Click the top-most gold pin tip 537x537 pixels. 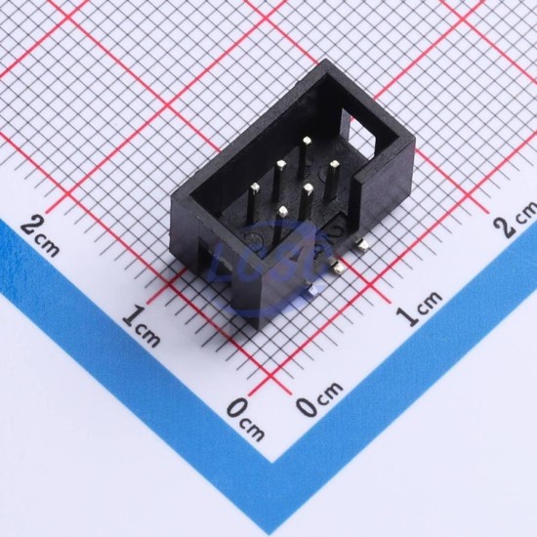[x=307, y=140]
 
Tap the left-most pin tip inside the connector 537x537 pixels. [x=255, y=187]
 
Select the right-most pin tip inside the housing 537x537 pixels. [x=334, y=165]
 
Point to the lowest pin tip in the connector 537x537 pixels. [x=282, y=211]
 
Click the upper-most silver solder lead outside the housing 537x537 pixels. [x=361, y=245]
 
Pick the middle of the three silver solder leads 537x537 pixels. [x=337, y=267]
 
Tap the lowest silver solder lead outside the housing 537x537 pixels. [x=313, y=290]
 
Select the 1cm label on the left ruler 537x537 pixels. [x=142, y=325]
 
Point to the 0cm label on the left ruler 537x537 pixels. [x=245, y=419]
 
